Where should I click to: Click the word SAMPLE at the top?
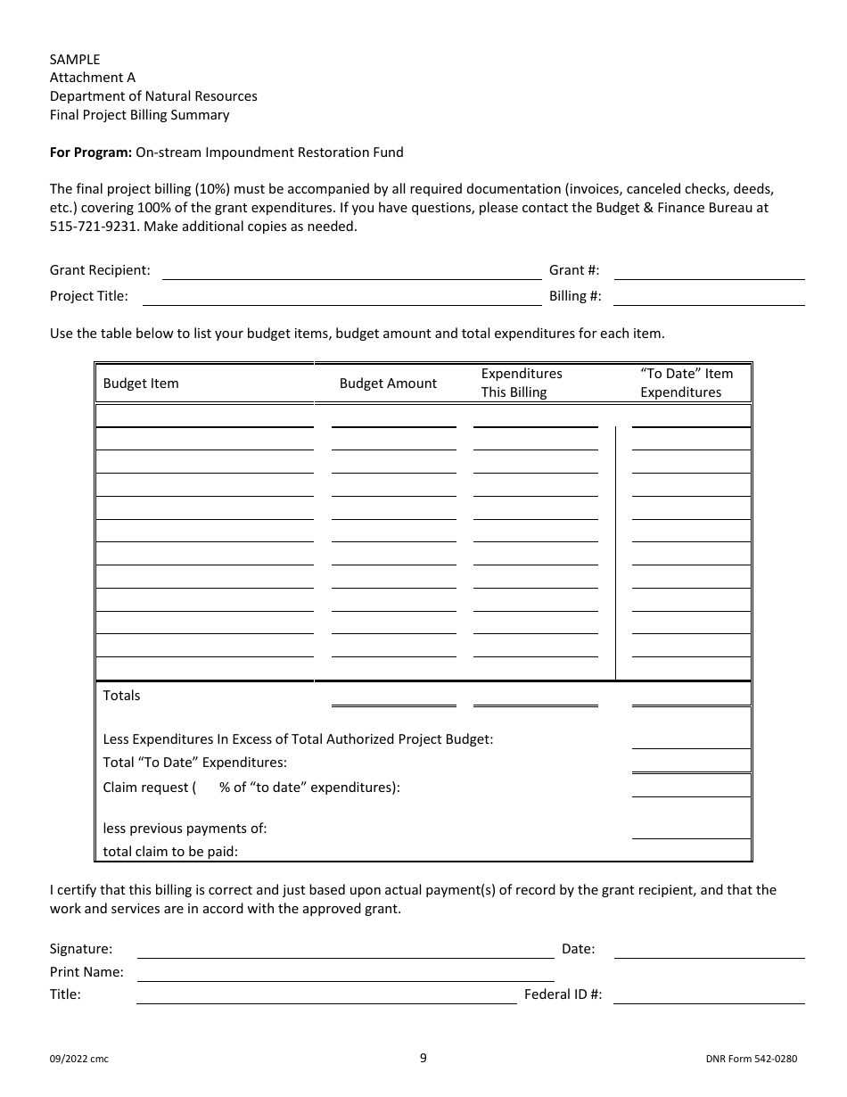(x=75, y=60)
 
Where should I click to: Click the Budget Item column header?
(x=141, y=384)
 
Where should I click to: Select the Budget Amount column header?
(x=388, y=384)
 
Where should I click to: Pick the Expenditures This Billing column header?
(x=522, y=384)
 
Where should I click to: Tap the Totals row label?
(x=122, y=696)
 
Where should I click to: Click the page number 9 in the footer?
(x=423, y=1059)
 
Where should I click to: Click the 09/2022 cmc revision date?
(x=79, y=1060)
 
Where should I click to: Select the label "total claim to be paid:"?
(x=170, y=852)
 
